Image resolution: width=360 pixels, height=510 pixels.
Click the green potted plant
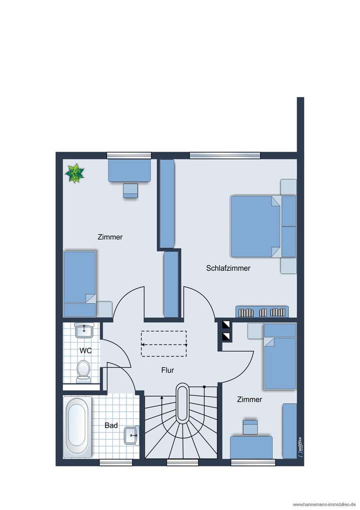(x=75, y=174)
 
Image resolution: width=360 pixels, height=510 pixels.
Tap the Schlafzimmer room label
(x=228, y=268)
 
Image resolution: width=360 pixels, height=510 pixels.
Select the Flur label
(x=167, y=371)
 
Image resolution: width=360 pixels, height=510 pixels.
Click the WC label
(x=85, y=351)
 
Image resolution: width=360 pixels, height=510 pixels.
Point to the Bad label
(x=111, y=425)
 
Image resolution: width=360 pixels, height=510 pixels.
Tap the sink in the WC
(x=84, y=330)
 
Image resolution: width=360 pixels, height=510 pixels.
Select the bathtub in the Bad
(x=77, y=427)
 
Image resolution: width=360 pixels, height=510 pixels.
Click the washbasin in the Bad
(x=131, y=435)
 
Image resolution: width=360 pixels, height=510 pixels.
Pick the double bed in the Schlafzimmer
(x=256, y=226)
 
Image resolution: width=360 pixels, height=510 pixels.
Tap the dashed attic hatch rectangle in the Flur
(x=163, y=344)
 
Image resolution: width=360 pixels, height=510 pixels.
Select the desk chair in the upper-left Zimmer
(x=130, y=191)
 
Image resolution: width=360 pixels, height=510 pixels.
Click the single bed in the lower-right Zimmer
(x=280, y=356)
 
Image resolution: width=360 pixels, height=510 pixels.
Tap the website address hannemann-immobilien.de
(x=323, y=504)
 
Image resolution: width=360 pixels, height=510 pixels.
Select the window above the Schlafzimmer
(x=225, y=155)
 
